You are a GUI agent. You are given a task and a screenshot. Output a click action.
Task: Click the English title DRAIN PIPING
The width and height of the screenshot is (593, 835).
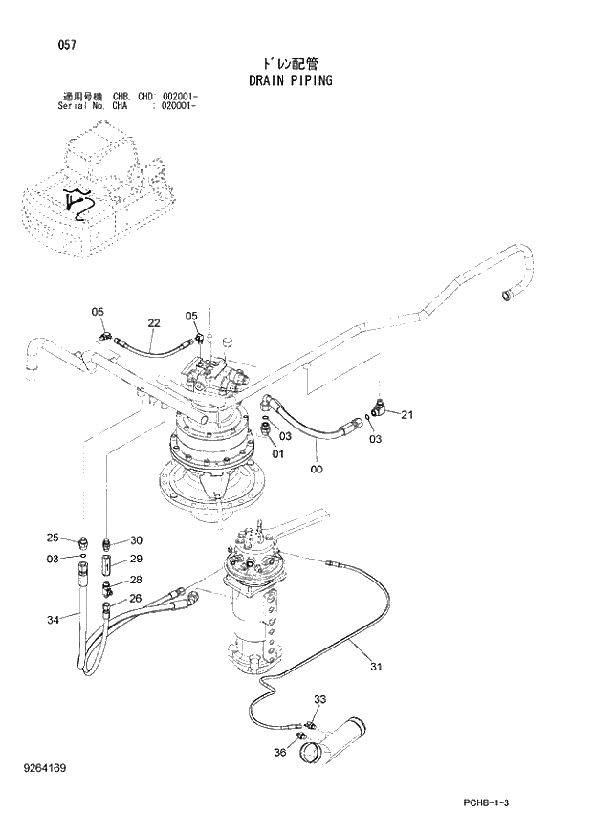[290, 80]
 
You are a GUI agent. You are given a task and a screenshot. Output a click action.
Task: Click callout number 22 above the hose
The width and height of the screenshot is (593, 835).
[154, 322]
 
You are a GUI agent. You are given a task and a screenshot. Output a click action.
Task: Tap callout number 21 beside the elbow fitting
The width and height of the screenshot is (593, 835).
[406, 414]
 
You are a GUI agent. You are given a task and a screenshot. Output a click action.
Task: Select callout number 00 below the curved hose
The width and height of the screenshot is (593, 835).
[317, 468]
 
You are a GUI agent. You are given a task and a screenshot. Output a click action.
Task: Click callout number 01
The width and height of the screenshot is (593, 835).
[278, 453]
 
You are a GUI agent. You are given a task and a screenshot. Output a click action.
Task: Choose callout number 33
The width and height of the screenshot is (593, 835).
[319, 700]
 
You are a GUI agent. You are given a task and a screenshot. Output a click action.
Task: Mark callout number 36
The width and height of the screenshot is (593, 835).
[280, 752]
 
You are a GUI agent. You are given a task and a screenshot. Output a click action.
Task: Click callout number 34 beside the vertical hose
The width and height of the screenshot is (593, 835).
[54, 620]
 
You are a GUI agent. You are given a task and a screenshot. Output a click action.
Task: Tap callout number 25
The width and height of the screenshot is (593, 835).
[54, 538]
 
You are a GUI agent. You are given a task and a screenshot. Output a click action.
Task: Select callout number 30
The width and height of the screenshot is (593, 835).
[136, 539]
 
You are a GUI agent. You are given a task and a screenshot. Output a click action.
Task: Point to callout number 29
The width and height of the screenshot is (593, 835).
[136, 560]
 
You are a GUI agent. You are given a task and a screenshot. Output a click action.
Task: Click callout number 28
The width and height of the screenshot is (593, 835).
[136, 580]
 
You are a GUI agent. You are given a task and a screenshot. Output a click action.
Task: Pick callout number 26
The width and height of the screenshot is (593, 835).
[136, 599]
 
